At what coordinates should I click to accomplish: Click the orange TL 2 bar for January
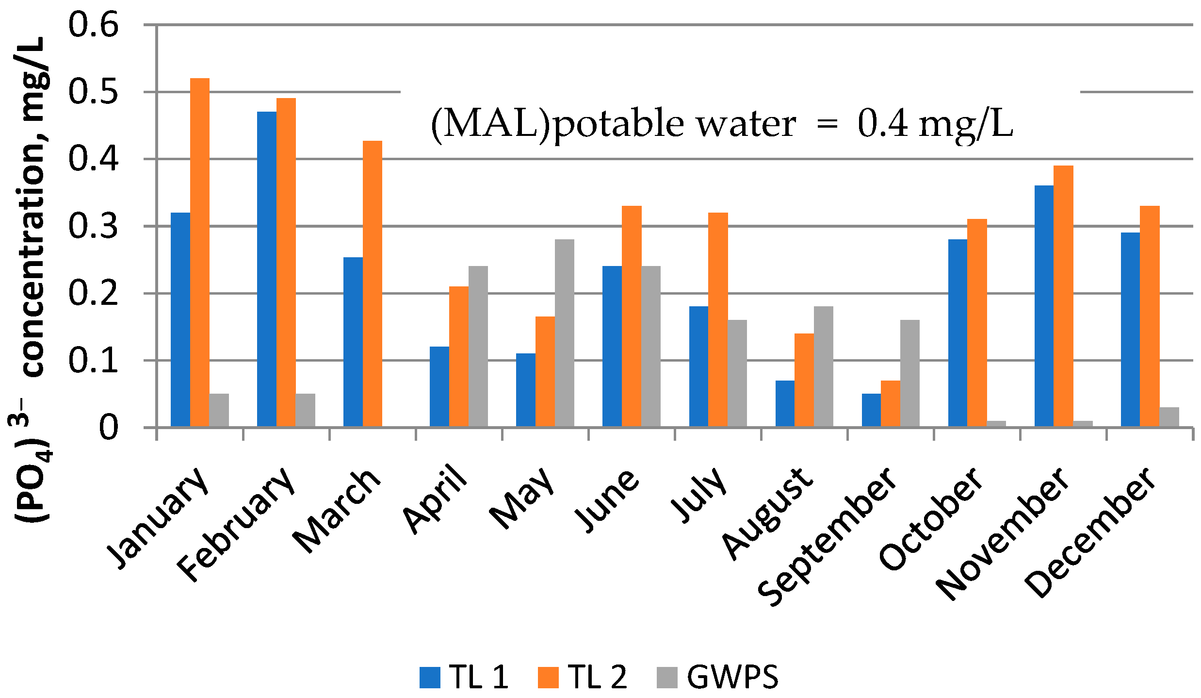tap(199, 252)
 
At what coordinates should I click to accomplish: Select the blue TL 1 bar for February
tap(266, 269)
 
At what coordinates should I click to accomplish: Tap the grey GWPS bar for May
tap(564, 333)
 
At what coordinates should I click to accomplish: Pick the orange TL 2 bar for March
tap(372, 284)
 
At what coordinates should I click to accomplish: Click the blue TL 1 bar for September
tap(871, 410)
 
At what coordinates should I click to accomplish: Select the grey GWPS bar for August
tap(823, 366)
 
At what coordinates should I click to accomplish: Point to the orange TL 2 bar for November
tap(1063, 296)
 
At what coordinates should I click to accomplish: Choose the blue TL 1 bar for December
tap(1130, 330)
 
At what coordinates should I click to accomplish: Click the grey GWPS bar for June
tap(650, 347)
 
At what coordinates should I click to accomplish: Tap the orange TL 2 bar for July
tap(718, 320)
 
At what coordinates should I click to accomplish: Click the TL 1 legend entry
tap(478, 677)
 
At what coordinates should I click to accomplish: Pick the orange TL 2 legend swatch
tap(548, 678)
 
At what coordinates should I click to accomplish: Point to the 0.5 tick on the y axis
tap(93, 92)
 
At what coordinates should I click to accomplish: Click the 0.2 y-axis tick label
tap(93, 293)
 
